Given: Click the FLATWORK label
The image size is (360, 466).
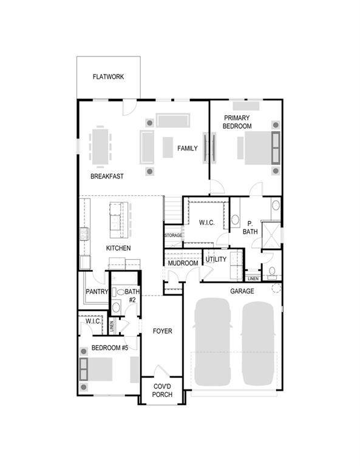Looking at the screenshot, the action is [x=108, y=76].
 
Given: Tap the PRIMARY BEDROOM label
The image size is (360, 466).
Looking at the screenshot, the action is [x=237, y=122].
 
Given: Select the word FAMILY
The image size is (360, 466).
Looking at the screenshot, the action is [x=187, y=148].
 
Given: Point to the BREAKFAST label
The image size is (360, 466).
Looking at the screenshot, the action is [x=107, y=176].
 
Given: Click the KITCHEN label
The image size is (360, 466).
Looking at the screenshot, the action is [x=118, y=248].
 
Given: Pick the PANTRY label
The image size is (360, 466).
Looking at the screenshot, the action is [x=97, y=291].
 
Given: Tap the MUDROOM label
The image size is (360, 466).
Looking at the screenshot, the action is [x=183, y=263].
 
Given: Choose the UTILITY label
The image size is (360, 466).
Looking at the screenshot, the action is [x=216, y=259].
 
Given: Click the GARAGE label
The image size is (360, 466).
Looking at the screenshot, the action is [x=242, y=291].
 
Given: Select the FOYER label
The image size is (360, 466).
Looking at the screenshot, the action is [x=162, y=331].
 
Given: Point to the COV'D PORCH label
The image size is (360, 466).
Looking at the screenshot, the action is [x=162, y=391].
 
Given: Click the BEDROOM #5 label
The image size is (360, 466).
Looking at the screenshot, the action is [x=110, y=348].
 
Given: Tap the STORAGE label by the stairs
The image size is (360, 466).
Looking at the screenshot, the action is [x=173, y=235].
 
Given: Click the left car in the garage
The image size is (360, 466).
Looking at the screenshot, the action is [x=212, y=342].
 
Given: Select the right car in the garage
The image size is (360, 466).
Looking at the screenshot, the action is [x=258, y=343].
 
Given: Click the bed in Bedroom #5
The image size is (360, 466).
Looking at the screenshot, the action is [x=96, y=369].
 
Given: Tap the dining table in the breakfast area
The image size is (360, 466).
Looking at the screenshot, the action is [x=100, y=146].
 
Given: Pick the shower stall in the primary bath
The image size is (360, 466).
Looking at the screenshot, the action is [x=271, y=235].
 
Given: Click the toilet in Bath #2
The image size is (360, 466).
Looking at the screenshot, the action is [x=120, y=292].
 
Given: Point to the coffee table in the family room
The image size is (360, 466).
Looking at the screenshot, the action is [x=168, y=147].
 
